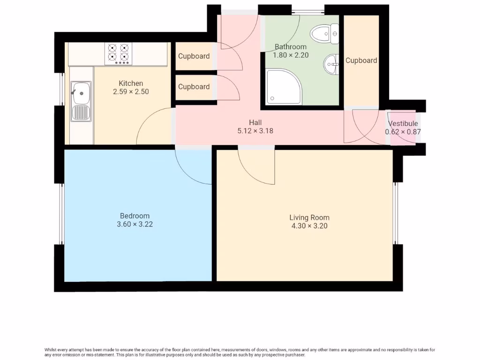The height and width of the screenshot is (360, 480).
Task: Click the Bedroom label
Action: [x=135, y=216]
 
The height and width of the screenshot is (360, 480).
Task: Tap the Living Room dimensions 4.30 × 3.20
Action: [x=309, y=226]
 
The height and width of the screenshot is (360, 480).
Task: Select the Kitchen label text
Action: [x=131, y=83]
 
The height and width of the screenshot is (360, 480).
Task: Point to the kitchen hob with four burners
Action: [x=118, y=53]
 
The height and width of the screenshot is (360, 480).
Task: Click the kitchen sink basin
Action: [x=81, y=93]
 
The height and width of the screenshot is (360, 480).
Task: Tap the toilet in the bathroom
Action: [x=324, y=33]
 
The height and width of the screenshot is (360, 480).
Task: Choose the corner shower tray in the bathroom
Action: [x=284, y=87]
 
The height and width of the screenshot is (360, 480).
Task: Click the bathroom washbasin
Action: [x=331, y=64]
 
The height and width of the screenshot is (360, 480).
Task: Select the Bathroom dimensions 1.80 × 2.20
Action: [x=291, y=55]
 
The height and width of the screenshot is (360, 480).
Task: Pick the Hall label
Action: [x=255, y=122]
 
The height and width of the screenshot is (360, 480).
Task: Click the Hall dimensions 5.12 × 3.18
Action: [x=255, y=131]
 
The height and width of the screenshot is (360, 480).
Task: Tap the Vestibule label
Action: [x=403, y=123]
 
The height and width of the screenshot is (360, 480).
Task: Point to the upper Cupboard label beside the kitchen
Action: [x=194, y=56]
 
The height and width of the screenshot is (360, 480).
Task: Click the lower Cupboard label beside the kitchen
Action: [x=194, y=87]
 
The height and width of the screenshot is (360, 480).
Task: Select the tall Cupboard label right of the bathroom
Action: [x=361, y=60]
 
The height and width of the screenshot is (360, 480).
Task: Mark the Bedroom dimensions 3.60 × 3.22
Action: [x=135, y=225]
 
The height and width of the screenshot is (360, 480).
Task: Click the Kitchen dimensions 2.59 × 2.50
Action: [x=131, y=92]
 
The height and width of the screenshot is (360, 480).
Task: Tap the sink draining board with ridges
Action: [x=81, y=112]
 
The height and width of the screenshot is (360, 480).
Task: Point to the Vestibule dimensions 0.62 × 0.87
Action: [x=403, y=132]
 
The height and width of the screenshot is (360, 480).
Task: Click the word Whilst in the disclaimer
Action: [x=50, y=350]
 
